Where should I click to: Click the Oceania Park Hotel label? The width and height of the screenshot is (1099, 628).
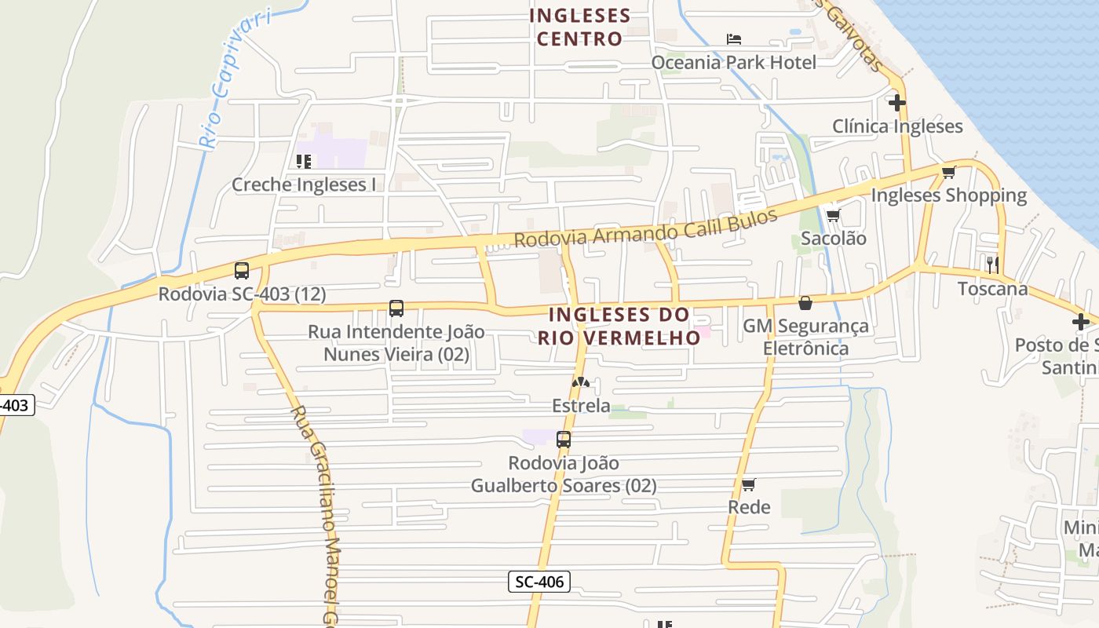pyautogui.click(x=734, y=62)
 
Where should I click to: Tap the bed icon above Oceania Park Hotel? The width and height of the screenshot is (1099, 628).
pyautogui.click(x=734, y=38)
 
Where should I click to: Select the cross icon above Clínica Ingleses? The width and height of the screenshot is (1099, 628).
pyautogui.click(x=897, y=103)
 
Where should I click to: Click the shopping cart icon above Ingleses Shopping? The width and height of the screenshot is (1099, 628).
pyautogui.click(x=949, y=172)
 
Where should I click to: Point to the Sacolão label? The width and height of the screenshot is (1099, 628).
pyautogui.click(x=834, y=239)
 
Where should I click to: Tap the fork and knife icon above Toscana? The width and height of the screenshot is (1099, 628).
pyautogui.click(x=993, y=265)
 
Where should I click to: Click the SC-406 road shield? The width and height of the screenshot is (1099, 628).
pyautogui.click(x=539, y=582)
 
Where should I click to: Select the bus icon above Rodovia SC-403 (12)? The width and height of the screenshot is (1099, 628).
pyautogui.click(x=242, y=271)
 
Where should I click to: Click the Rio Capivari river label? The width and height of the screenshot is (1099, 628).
pyautogui.click(x=232, y=78)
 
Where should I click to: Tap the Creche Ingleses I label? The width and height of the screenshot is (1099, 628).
pyautogui.click(x=304, y=185)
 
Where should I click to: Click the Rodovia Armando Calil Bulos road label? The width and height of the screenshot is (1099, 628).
pyautogui.click(x=645, y=227)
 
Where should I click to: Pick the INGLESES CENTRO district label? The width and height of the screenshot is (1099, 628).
pyautogui.click(x=580, y=27)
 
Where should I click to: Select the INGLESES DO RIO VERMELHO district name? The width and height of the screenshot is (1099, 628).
pyautogui.click(x=619, y=326)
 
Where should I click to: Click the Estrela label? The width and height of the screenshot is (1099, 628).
pyautogui.click(x=581, y=406)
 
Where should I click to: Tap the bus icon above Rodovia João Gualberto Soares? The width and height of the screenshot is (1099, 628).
pyautogui.click(x=564, y=440)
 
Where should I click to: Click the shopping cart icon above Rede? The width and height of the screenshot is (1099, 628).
pyautogui.click(x=749, y=484)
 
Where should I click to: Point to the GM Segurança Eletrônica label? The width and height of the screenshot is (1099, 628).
pyautogui.click(x=806, y=337)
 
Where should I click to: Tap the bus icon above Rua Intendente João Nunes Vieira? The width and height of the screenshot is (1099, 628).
pyautogui.click(x=396, y=309)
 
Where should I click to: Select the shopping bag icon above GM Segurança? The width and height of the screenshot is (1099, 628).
pyautogui.click(x=805, y=303)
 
